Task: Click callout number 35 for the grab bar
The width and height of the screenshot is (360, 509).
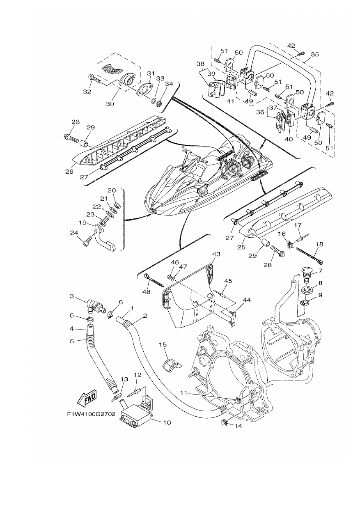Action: (315, 54)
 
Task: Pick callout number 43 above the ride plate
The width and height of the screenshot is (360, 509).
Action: (216, 254)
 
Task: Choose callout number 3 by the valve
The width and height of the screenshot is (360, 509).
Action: (72, 296)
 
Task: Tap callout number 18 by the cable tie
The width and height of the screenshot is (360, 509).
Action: (319, 245)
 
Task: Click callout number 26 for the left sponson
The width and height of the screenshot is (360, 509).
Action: (69, 171)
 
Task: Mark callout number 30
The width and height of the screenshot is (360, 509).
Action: (110, 104)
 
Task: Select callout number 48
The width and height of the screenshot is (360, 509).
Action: (147, 291)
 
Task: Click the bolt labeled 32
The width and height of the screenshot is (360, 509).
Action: (94, 79)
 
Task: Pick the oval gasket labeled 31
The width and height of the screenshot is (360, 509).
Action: (144, 89)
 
